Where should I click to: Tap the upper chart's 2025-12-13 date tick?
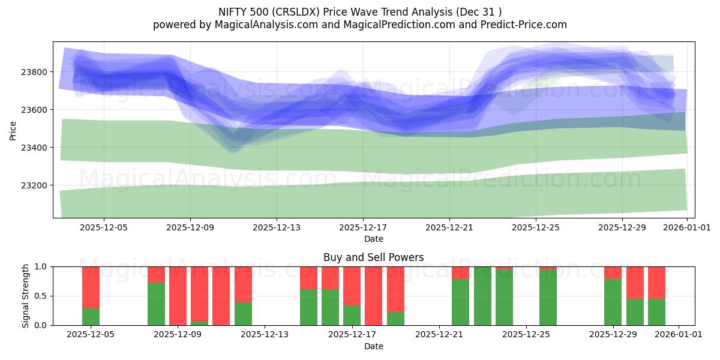(277, 228)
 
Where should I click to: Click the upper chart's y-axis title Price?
(13, 130)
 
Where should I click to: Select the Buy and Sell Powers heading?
(373, 257)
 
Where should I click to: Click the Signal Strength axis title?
(25, 296)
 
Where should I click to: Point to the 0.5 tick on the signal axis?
(41, 296)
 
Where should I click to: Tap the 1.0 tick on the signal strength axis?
(41, 266)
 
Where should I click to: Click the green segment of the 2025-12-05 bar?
(91, 317)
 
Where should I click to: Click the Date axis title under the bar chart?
(373, 346)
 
